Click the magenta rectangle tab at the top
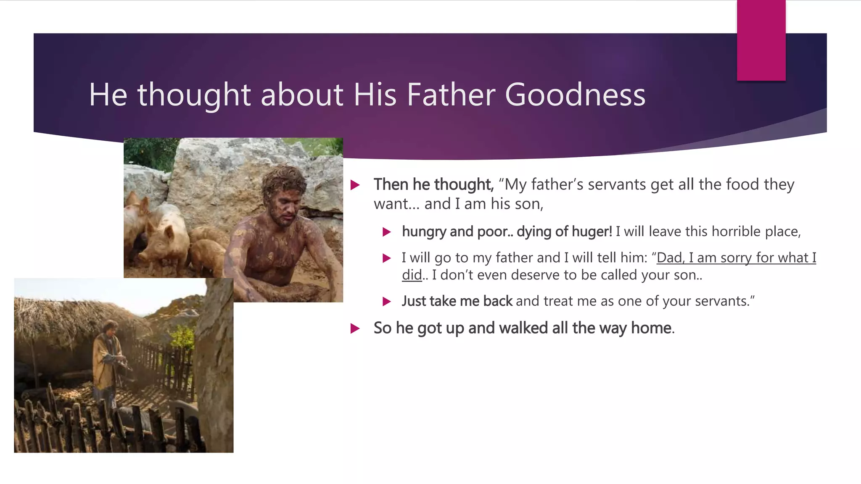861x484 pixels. pyautogui.click(x=761, y=40)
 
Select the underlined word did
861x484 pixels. pyautogui.click(x=412, y=275)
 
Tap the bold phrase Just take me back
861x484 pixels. pyautogui.click(x=457, y=301)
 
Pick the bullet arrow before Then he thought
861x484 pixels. pyautogui.click(x=355, y=185)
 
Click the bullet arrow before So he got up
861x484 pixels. pyautogui.click(x=355, y=329)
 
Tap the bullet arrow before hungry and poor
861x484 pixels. pyautogui.click(x=387, y=232)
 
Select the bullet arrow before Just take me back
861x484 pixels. pyautogui.click(x=387, y=302)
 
